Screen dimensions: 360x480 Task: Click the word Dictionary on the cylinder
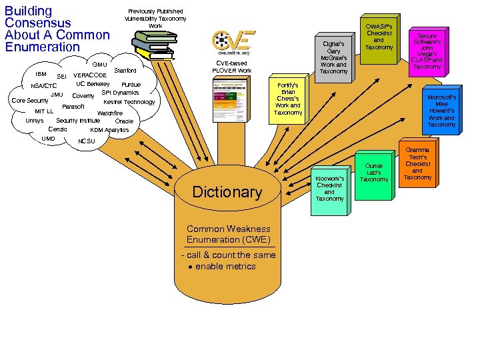click(227, 193)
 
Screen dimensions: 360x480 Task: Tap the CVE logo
click(233, 43)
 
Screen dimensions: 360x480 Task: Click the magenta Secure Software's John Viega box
click(427, 51)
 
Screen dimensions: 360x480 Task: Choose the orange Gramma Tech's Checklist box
click(417, 164)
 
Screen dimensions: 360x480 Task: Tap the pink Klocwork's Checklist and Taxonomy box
click(329, 189)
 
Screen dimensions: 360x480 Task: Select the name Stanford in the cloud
click(125, 70)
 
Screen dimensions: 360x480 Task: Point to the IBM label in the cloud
click(40, 74)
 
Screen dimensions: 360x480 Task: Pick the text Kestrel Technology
click(129, 102)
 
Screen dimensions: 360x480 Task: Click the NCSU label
click(87, 141)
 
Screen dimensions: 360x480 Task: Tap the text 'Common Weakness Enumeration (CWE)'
click(228, 234)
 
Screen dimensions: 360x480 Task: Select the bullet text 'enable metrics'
click(225, 267)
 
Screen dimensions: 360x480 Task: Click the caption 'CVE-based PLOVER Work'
click(231, 67)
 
